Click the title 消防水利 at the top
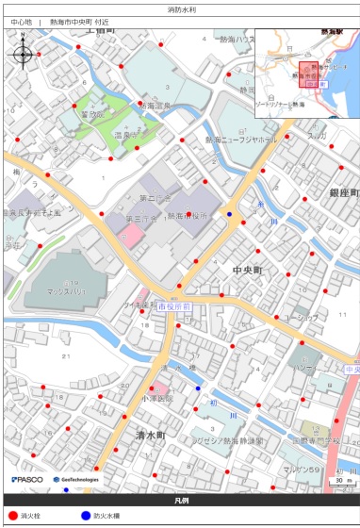click(179, 8)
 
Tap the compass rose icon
click(23, 53)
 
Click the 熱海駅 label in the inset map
click(332, 31)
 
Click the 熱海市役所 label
click(190, 216)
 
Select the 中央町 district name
click(251, 271)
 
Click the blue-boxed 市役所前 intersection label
click(174, 307)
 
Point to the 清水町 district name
click(149, 436)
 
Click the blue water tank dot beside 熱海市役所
click(229, 214)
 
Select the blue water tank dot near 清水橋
click(198, 388)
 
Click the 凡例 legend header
click(179, 500)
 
